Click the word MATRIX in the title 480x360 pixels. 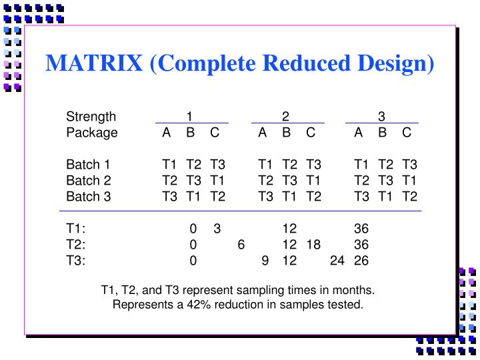pos(94,63)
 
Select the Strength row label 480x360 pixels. pos(91,116)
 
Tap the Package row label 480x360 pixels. pos(91,132)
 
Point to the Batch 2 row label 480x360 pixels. pos(88,180)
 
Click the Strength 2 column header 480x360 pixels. pos(285,116)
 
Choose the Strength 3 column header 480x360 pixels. pos(381,116)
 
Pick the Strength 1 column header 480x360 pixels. pos(189,116)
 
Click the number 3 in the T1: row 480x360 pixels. pos(217,229)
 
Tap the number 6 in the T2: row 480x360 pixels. pos(241,245)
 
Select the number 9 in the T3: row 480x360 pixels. pos(265,261)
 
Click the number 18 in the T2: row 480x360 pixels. pos(313,245)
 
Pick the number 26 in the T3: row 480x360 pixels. pos(361,261)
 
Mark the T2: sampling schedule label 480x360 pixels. pos(76,245)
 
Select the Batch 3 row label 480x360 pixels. pos(88,196)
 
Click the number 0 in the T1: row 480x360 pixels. pos(193,229)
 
